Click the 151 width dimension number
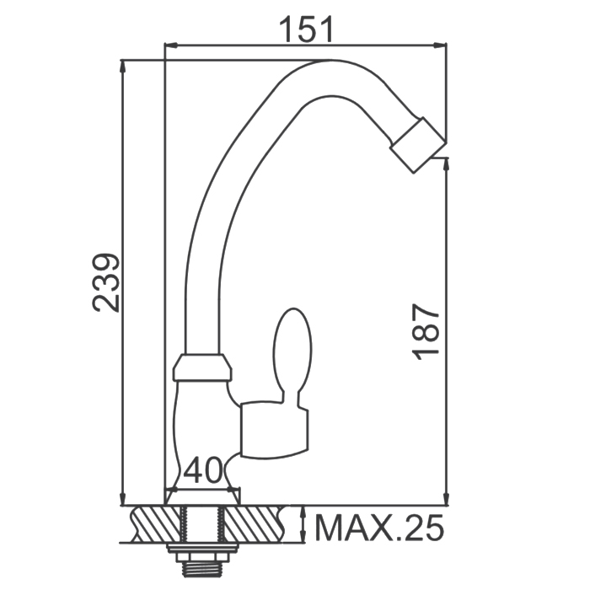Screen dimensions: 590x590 306,29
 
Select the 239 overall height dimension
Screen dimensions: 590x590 106,283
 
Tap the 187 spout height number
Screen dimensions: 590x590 426,332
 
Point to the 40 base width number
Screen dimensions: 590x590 203,470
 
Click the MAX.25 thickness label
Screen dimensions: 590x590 379,528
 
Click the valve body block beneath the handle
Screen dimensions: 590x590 274,431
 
